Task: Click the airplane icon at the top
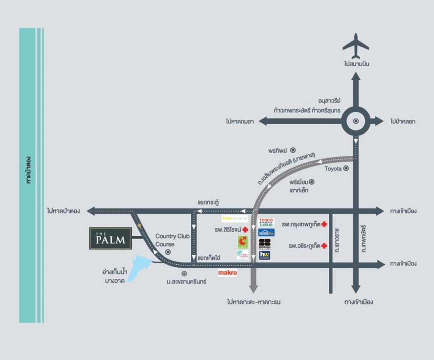(356, 46)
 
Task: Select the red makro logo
(228, 273)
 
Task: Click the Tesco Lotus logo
(267, 222)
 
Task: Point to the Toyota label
(333, 169)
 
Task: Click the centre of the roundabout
(356, 121)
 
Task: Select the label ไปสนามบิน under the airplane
(356, 64)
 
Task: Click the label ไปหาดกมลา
(239, 122)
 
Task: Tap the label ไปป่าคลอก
(403, 122)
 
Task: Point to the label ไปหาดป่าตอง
(64, 210)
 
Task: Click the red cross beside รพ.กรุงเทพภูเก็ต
(325, 224)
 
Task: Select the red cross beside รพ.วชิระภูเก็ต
(325, 246)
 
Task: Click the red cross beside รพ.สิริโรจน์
(245, 230)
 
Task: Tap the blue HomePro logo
(267, 233)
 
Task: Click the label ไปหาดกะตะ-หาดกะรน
(253, 302)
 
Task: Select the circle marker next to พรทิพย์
(292, 150)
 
